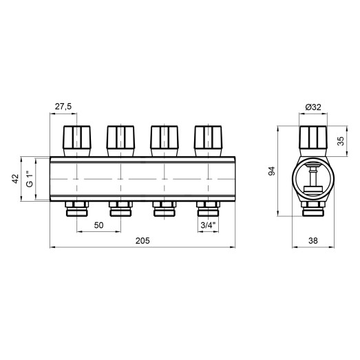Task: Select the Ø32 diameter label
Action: click(x=314, y=107)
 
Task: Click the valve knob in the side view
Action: click(x=313, y=139)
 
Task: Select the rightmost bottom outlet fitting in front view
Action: click(x=208, y=208)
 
